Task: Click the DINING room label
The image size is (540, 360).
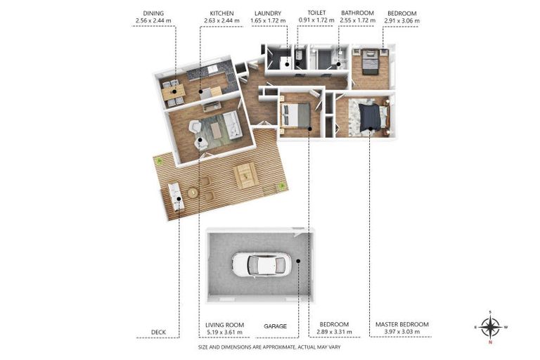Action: (153, 13)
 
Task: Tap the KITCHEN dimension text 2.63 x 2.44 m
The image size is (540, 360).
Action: (221, 20)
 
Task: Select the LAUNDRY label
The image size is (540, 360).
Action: (268, 13)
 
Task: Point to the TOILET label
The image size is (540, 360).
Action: (316, 13)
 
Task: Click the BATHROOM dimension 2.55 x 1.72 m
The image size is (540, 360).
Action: (357, 20)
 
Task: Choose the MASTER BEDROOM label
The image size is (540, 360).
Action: (402, 324)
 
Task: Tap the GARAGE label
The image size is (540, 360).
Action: (275, 326)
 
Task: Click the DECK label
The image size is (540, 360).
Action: (158, 332)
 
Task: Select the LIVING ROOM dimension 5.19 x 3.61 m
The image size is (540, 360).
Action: (224, 333)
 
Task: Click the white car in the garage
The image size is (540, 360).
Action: (262, 264)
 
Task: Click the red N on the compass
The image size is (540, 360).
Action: (490, 342)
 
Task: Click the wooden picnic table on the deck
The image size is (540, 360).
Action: (245, 175)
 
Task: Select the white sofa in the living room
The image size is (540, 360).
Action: (232, 125)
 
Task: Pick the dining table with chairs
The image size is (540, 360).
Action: (173, 92)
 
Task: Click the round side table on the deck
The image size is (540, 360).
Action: (193, 193)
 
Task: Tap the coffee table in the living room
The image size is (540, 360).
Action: (217, 130)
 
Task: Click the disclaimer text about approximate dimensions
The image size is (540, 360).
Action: (269, 347)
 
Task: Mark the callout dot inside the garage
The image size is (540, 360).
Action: (298, 261)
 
